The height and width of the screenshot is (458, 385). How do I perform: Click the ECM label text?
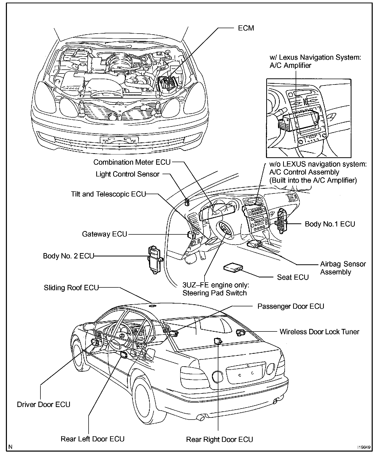(246, 28)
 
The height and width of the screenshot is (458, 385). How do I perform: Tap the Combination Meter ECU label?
(132, 162)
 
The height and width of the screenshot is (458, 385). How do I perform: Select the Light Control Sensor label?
(127, 174)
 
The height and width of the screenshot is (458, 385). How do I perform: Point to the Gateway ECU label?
(104, 234)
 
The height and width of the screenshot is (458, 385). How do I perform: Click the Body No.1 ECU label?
(330, 224)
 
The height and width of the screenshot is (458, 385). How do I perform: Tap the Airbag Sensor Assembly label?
(343, 268)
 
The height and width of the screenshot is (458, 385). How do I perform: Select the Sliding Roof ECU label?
(71, 288)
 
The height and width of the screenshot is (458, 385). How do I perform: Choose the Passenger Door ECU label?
(291, 306)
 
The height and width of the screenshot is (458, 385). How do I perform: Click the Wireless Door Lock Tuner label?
(319, 332)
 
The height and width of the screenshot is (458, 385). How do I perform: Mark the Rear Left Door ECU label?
(92, 439)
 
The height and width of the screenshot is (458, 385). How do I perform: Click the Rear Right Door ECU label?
(219, 440)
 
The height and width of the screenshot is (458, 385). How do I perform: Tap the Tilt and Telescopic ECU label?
(108, 194)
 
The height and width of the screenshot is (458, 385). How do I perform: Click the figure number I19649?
(364, 447)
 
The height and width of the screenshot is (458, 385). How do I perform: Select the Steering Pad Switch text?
(215, 293)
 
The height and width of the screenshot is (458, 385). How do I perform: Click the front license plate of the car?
(119, 140)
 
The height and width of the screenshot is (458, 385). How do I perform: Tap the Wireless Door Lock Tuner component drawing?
(240, 332)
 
